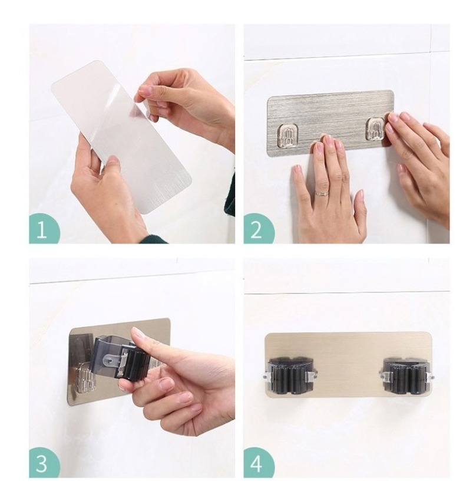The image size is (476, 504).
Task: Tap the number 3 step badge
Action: click(x=43, y=463)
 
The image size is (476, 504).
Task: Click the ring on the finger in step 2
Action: click(x=322, y=193)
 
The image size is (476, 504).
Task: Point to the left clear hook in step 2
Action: click(x=288, y=135)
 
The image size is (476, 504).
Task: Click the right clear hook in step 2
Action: click(x=375, y=129)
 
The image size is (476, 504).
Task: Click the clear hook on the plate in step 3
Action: click(x=84, y=381)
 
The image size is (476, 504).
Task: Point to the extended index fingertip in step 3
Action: click(x=137, y=334)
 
